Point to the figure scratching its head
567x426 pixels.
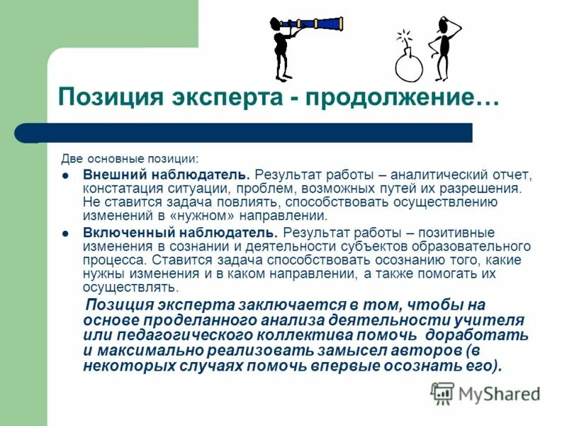point(444,46)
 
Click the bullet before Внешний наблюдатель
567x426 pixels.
point(66,175)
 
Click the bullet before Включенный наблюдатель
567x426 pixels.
point(66,233)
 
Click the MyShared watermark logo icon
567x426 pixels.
point(443,393)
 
